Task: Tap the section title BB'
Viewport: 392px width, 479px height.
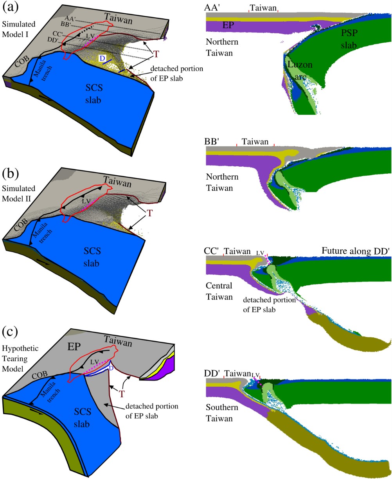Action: (x=213, y=142)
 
